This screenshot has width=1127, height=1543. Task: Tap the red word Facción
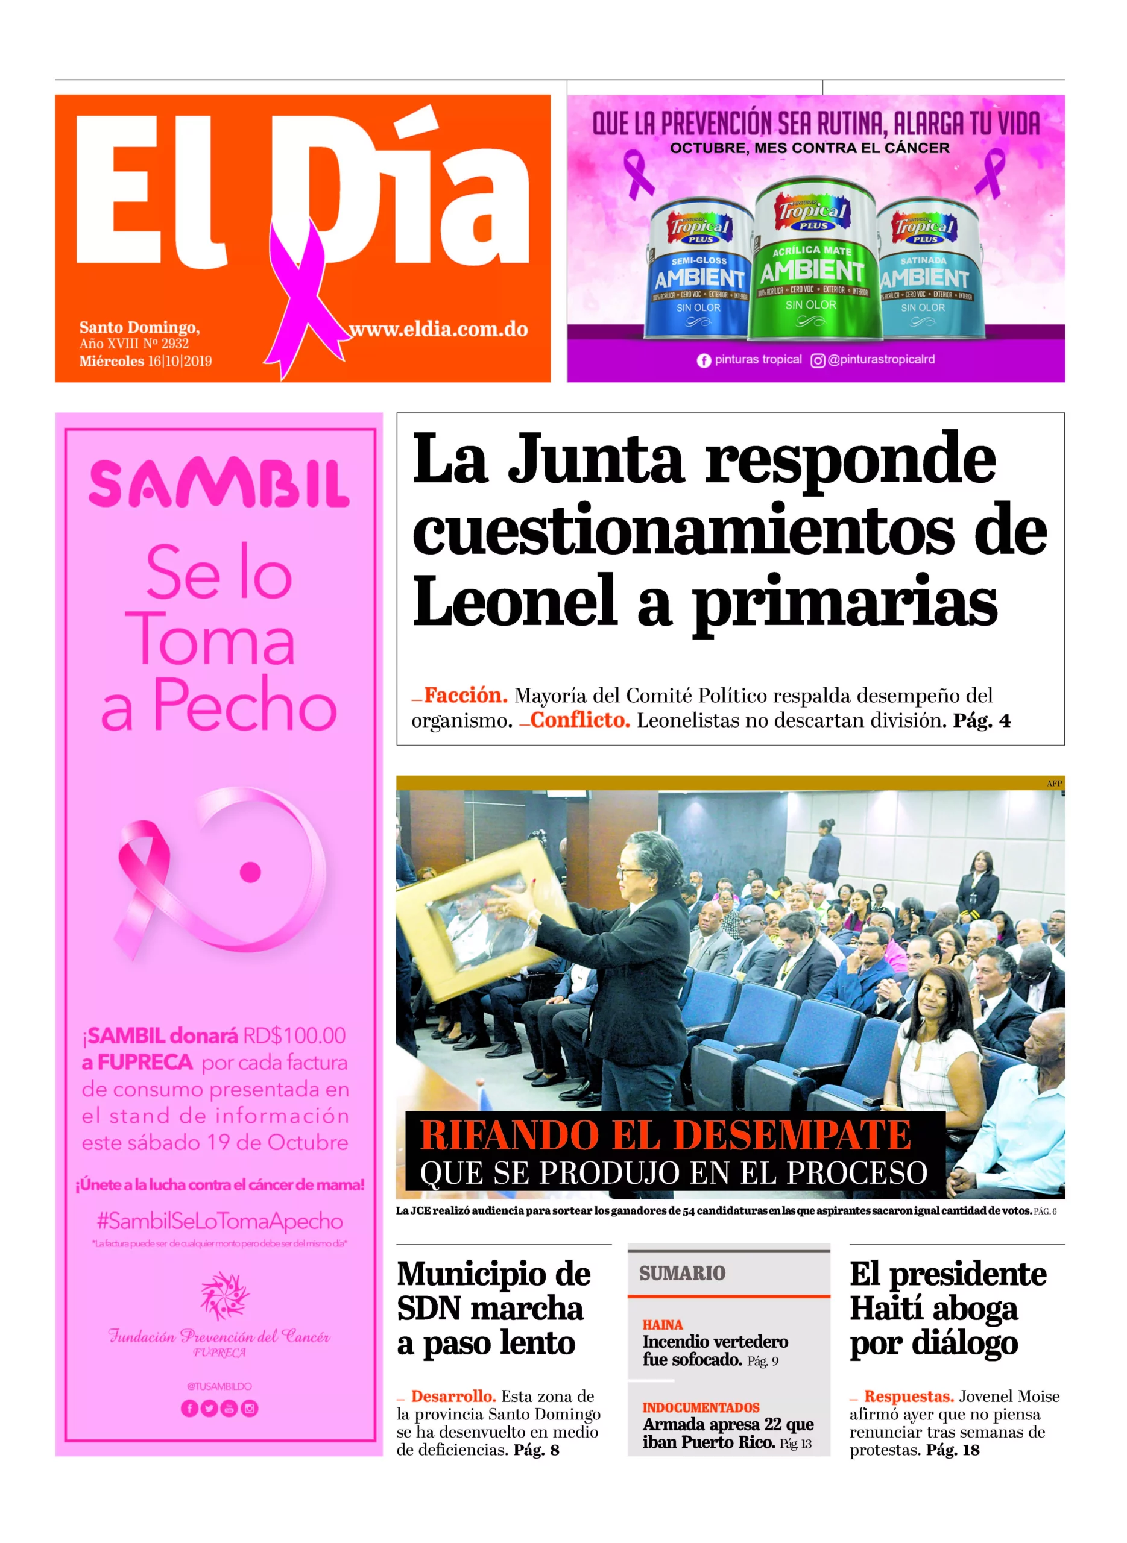[466, 696]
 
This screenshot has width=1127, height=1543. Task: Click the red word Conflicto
[580, 720]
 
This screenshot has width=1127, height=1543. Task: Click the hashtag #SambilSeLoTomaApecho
[219, 1221]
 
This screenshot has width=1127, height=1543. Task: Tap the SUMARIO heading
[682, 1273]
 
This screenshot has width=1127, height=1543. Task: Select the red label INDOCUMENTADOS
[701, 1408]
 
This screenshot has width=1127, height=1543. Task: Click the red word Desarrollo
[453, 1396]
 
